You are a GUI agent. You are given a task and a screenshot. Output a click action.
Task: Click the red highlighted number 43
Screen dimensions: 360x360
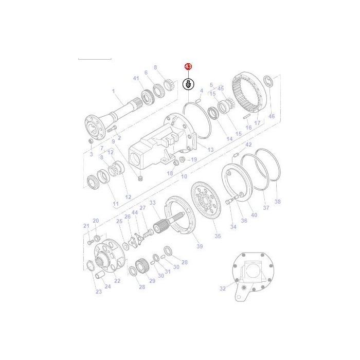point(188,67)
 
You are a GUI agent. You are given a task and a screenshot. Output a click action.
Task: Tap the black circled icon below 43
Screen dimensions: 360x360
point(189,84)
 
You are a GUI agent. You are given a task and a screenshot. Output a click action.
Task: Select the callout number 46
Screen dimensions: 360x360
point(272,117)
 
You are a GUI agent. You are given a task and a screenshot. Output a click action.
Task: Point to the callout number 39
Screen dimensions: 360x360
point(200,246)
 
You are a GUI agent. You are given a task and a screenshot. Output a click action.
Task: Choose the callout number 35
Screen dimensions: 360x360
point(218,236)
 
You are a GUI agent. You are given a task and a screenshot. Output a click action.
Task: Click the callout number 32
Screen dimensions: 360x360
point(223,289)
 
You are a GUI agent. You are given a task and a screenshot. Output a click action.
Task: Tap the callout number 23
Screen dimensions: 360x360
point(99,292)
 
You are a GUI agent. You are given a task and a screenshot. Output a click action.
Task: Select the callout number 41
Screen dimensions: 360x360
point(136,78)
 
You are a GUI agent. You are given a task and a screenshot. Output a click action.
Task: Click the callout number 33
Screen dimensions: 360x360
point(153,203)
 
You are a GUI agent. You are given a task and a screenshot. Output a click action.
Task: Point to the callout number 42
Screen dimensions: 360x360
point(248,145)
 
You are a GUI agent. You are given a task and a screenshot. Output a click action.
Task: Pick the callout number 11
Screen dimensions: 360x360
point(116,204)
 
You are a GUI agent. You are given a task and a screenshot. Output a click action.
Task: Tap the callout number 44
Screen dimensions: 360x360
point(135,212)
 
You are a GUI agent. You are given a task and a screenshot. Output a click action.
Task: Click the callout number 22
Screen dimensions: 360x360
point(117,280)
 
